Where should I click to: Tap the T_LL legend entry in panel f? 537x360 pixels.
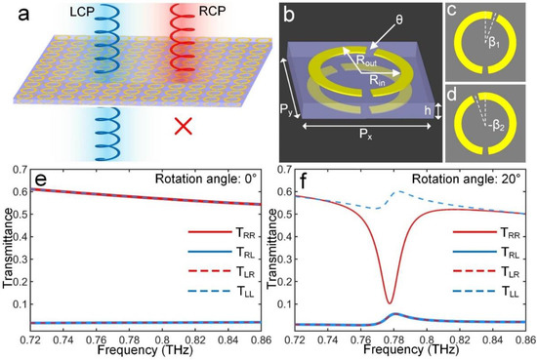(x=501, y=316)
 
